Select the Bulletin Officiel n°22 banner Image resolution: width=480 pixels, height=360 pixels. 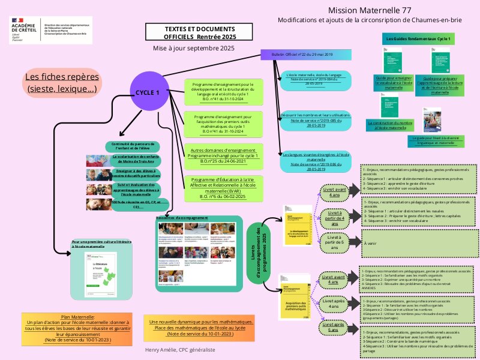305,55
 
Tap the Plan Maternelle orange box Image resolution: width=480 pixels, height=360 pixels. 78,328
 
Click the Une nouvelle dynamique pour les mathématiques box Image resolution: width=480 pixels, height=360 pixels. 201,328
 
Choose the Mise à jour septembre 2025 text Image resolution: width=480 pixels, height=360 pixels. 193,47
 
